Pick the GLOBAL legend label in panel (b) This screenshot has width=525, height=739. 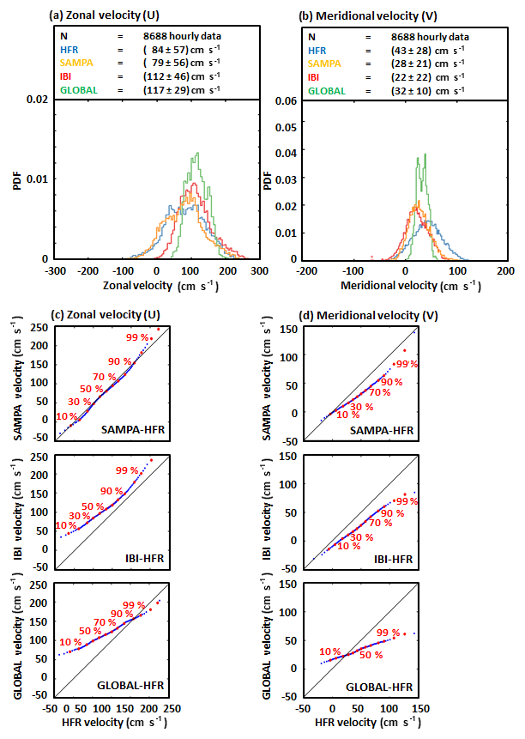327,90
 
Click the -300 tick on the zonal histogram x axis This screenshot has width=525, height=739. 57,269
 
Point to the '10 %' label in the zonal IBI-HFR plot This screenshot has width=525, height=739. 66,525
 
